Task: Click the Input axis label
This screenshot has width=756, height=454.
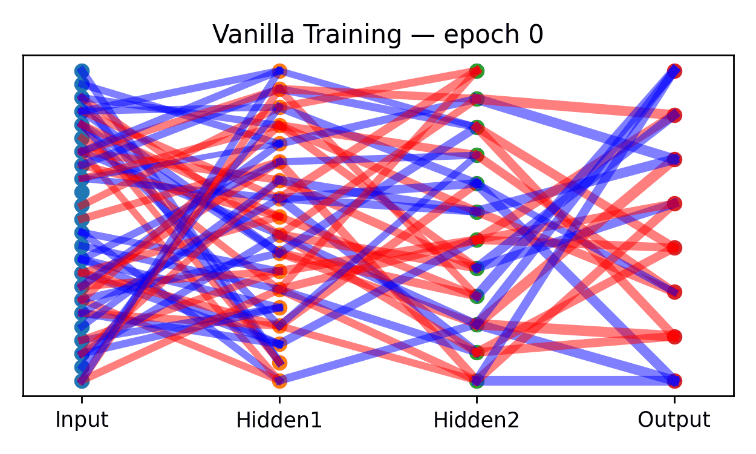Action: pyautogui.click(x=82, y=420)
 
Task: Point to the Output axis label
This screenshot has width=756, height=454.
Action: pyautogui.click(x=674, y=420)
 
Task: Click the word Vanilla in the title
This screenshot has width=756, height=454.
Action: pyautogui.click(x=245, y=36)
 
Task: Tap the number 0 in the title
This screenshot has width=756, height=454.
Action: pyautogui.click(x=536, y=36)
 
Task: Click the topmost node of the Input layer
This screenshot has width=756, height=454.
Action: pyautogui.click(x=82, y=71)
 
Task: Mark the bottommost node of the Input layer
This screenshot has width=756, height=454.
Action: pyautogui.click(x=82, y=381)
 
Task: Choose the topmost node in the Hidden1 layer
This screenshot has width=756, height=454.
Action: pyautogui.click(x=279, y=71)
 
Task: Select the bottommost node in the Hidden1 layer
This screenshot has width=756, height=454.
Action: pyautogui.click(x=279, y=381)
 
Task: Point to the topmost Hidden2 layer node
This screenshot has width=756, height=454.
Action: pyautogui.click(x=477, y=71)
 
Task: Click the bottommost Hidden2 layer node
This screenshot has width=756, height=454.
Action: pyautogui.click(x=477, y=381)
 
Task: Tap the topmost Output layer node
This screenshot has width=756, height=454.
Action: pyautogui.click(x=674, y=71)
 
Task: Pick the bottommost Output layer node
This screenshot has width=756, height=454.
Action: pyautogui.click(x=674, y=381)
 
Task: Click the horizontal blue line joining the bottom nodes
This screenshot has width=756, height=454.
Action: pyautogui.click(x=575, y=381)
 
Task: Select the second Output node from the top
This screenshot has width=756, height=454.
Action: pyautogui.click(x=674, y=115)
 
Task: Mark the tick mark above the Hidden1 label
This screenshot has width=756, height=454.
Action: pyautogui.click(x=279, y=399)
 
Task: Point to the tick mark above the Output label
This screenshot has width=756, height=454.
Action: pyautogui.click(x=674, y=399)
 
